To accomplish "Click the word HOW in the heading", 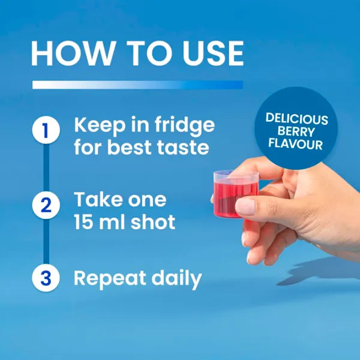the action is (73, 53).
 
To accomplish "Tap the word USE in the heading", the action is (213, 53).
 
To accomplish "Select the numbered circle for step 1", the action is (46, 130).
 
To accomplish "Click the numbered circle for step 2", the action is (46, 205).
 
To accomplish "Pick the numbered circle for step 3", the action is (46, 278).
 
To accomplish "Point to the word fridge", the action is (185, 126).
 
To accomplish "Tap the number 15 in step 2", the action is (83, 222).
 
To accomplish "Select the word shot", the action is (153, 222).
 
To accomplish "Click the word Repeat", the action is (110, 279).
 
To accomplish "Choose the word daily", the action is (176, 279).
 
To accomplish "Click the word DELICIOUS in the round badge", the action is (296, 118).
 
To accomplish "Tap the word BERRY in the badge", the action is (296, 131).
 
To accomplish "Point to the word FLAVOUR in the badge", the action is (296, 144).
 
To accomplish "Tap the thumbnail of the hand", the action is (245, 206).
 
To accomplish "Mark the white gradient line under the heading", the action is (138, 85).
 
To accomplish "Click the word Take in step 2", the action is (98, 199).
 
